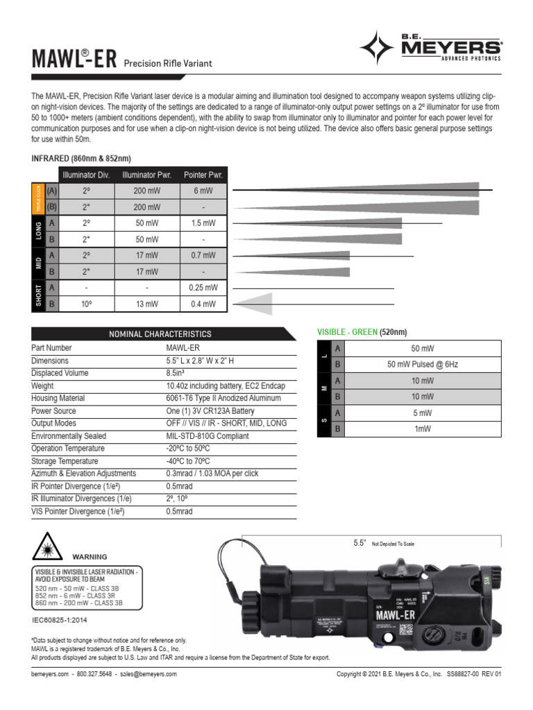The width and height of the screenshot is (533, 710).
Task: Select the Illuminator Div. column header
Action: click(x=86, y=174)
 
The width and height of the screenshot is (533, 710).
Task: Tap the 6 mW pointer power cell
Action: click(x=203, y=191)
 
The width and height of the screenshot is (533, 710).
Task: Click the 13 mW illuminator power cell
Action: click(x=146, y=303)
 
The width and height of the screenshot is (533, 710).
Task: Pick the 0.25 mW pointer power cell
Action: click(x=203, y=287)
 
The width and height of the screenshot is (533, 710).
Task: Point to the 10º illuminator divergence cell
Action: click(x=86, y=303)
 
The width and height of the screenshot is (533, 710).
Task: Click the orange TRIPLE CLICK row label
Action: click(x=37, y=199)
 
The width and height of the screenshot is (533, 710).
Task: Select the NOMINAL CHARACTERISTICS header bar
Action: click(x=160, y=334)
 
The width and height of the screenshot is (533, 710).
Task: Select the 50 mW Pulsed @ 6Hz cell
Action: click(x=422, y=364)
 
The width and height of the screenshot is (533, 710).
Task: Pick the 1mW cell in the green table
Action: click(x=422, y=429)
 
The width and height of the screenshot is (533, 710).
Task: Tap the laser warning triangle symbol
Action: click(x=46, y=548)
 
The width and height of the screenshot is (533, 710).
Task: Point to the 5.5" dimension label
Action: click(x=359, y=544)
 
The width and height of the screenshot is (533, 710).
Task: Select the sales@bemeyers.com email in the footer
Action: click(x=149, y=674)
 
